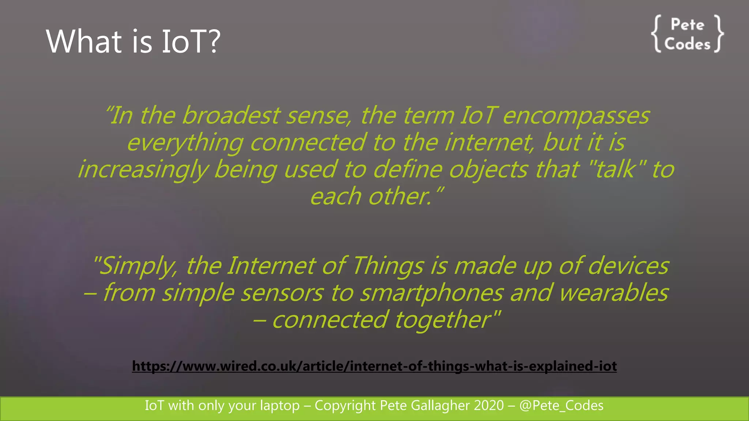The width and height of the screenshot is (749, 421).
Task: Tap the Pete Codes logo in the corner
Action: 687,34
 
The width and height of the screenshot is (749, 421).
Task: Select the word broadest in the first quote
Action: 231,115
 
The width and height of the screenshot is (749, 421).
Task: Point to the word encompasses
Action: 576,116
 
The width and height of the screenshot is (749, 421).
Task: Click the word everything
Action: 185,143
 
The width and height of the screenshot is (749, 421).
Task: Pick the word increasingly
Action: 143,170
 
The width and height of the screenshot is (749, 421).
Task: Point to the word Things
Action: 388,266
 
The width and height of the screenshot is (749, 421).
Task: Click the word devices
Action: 629,266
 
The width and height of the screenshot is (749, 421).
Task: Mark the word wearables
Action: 614,293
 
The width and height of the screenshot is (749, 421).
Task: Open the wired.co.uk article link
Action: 374,366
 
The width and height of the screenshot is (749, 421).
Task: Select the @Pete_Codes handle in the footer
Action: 561,406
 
